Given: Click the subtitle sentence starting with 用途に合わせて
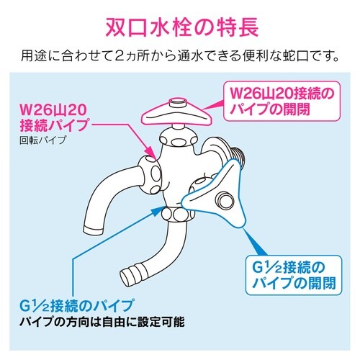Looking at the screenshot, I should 179,55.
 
